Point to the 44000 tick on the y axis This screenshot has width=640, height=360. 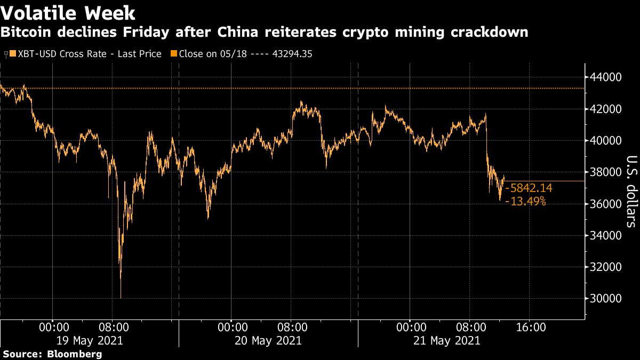click(x=606, y=77)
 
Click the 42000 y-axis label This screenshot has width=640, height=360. click(x=606, y=109)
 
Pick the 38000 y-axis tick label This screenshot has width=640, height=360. click(x=606, y=172)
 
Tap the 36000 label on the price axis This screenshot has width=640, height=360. click(x=606, y=204)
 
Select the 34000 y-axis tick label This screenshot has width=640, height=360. click(x=606, y=236)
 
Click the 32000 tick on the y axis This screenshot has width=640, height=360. click(x=606, y=267)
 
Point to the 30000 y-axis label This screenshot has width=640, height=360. click(x=606, y=299)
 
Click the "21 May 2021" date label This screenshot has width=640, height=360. click(x=446, y=340)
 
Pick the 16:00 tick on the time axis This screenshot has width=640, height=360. click(x=531, y=326)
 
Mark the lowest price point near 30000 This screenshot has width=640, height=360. click(x=121, y=298)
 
